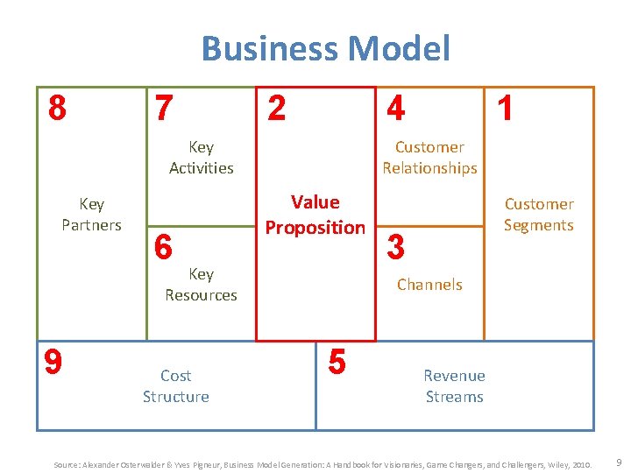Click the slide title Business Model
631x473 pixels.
(325, 48)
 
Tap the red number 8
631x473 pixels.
(57, 109)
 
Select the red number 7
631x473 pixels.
(163, 109)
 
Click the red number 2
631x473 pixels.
(276, 109)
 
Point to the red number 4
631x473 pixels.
(395, 109)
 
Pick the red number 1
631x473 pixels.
(505, 109)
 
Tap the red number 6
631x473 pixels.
(163, 248)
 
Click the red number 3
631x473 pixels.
(395, 248)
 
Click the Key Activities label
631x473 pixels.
(201, 158)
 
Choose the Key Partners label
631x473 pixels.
(91, 215)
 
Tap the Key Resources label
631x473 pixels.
(201, 285)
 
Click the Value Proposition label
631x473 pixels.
(315, 215)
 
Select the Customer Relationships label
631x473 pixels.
(429, 158)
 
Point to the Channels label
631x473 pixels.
(429, 285)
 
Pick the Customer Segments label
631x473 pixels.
(538, 215)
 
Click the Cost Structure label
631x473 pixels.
(176, 386)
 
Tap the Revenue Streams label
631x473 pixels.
(454, 386)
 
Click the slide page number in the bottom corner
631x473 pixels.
(619, 462)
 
